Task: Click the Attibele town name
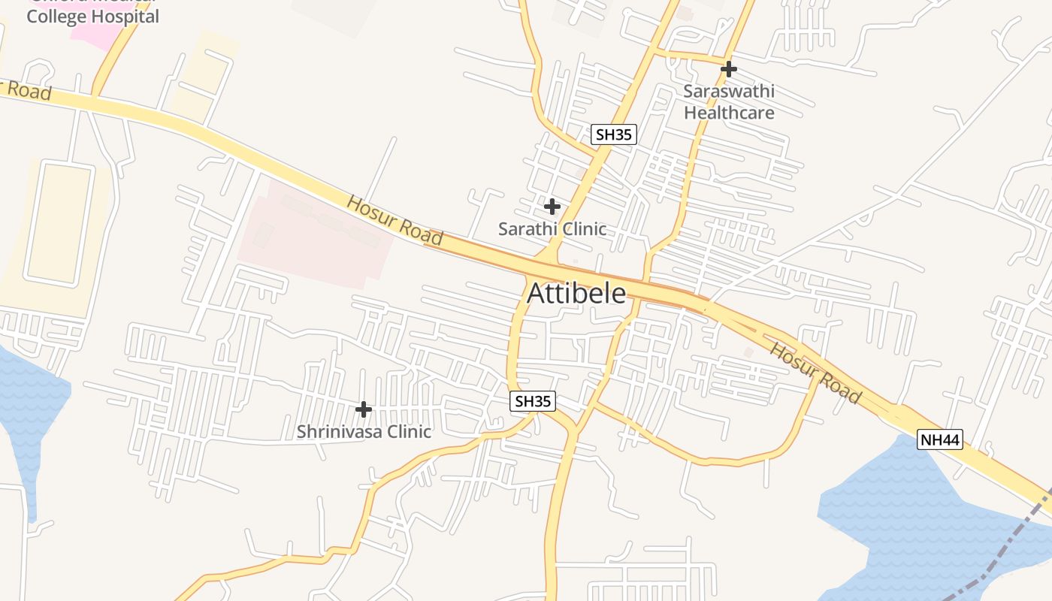pyautogui.click(x=576, y=293)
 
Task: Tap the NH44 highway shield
pyautogui.click(x=939, y=440)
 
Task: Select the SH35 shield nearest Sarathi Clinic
pyautogui.click(x=613, y=134)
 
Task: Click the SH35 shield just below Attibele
pyautogui.click(x=533, y=401)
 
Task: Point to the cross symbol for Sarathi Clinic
pyautogui.click(x=552, y=206)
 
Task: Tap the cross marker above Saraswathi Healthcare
pyautogui.click(x=728, y=69)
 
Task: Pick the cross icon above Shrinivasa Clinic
pyautogui.click(x=364, y=409)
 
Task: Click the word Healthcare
pyautogui.click(x=729, y=113)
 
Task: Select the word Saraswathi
pyautogui.click(x=729, y=92)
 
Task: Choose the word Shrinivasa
pyautogui.click(x=339, y=432)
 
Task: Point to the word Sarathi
pyautogui.click(x=526, y=229)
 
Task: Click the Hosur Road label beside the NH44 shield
pyautogui.click(x=815, y=373)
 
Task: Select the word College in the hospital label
pyautogui.click(x=56, y=17)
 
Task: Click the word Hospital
pyautogui.click(x=124, y=17)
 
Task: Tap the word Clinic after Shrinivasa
pyautogui.click(x=408, y=432)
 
